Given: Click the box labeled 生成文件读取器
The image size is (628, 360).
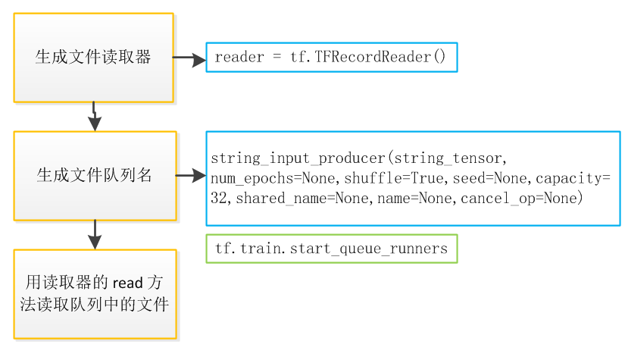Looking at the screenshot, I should point(93,58).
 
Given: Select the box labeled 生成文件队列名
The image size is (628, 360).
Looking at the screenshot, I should point(95,176).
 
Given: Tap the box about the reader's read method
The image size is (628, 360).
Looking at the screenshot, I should point(95,294).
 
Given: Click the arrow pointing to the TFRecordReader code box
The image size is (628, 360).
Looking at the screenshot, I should point(189,57).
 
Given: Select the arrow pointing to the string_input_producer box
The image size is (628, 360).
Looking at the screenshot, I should point(191,176).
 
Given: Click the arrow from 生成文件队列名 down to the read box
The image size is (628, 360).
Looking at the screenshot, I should point(95,234).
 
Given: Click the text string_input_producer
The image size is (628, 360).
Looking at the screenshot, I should point(298,159).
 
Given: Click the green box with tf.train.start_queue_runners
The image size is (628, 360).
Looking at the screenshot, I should point(332,249).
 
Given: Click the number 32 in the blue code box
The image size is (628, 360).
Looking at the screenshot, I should point(219,198).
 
